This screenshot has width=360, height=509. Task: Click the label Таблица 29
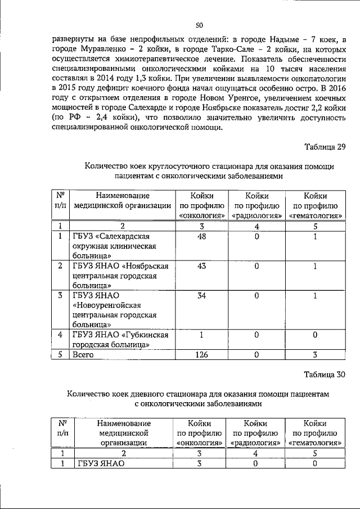(325, 147)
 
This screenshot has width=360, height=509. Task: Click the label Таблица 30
(325, 375)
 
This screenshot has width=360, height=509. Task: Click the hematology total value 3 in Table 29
(315, 355)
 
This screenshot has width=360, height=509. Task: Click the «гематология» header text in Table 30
(315, 443)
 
